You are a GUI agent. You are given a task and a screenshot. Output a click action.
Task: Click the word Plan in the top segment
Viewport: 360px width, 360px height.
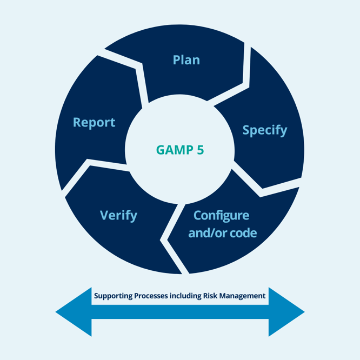(186, 59)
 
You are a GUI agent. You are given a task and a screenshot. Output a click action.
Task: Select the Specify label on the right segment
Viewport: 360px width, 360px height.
(264, 130)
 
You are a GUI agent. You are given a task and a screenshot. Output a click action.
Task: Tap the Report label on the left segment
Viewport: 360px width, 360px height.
(94, 122)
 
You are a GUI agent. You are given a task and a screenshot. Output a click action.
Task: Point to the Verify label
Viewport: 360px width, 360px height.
(118, 215)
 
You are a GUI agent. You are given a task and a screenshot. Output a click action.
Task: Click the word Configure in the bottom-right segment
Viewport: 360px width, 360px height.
(221, 215)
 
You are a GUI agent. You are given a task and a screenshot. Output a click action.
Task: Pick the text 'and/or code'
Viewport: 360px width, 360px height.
(222, 233)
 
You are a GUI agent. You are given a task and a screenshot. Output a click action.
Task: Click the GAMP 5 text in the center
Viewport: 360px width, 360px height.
(180, 150)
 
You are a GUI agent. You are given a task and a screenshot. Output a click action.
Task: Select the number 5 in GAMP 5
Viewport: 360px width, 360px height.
(201, 150)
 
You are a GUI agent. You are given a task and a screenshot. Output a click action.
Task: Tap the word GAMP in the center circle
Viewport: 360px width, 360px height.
(174, 150)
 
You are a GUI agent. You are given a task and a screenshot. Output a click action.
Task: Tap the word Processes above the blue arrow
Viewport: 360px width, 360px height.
(153, 296)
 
